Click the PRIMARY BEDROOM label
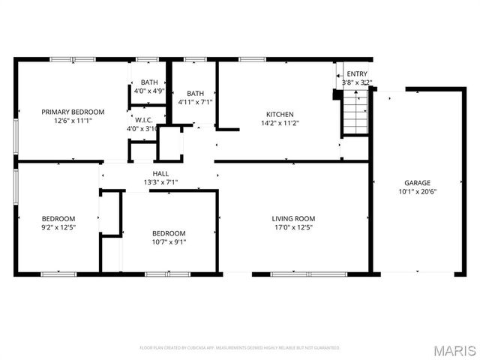tap(73, 112)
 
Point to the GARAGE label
tap(418, 182)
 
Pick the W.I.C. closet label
tap(144, 119)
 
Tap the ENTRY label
tap(356, 73)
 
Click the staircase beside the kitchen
tap(355, 114)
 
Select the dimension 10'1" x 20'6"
tap(418, 191)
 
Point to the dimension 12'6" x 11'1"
tap(73, 121)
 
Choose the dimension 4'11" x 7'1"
tap(195, 102)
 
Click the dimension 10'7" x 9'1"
tap(169, 241)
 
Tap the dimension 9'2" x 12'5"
tap(58, 227)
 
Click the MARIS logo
tap(454, 349)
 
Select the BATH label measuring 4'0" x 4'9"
tap(149, 82)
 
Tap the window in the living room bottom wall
tap(298, 274)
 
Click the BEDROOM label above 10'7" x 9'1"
tap(169, 233)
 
